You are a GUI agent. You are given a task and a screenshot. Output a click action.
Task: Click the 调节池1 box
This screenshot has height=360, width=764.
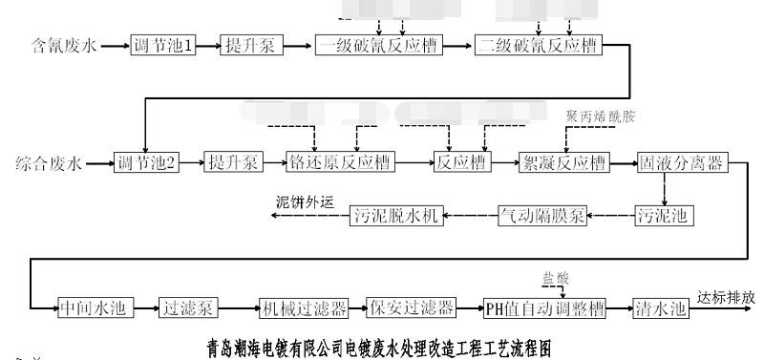point(163,45)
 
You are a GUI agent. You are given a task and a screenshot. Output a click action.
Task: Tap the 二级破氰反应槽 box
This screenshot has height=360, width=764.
point(540,45)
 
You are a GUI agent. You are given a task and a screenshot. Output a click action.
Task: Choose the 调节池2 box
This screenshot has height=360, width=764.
point(145,163)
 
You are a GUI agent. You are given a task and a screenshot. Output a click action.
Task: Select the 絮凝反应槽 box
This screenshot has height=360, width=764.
point(562,163)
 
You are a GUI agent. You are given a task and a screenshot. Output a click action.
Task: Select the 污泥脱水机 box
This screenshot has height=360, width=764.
point(394,216)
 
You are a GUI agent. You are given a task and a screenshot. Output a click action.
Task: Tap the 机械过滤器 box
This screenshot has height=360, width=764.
point(303,307)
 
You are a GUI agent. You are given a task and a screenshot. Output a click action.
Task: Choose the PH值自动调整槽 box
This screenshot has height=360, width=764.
point(543,307)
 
